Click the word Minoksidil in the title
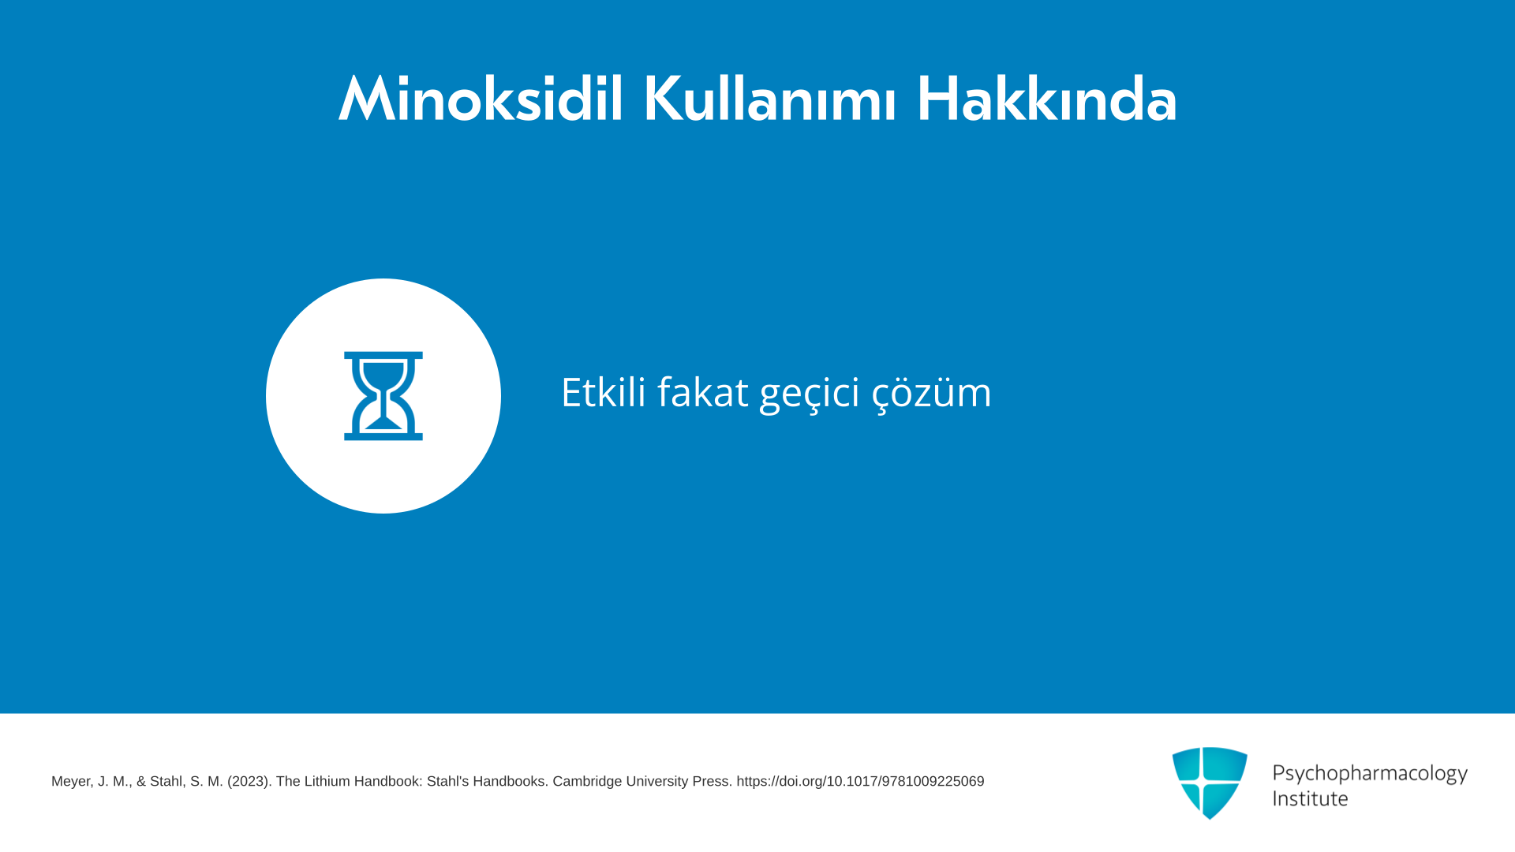[481, 99]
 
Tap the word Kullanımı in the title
[770, 99]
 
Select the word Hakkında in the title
[1046, 99]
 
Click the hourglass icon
[383, 396]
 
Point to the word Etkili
[604, 391]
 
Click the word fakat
[703, 391]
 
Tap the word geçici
[810, 394]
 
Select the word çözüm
[932, 394]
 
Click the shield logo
[1210, 783]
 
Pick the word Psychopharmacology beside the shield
[1370, 774]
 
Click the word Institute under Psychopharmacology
[1310, 798]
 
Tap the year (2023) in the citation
[249, 782]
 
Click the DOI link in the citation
[860, 782]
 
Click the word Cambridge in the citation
[587, 782]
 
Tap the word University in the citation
[657, 782]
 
